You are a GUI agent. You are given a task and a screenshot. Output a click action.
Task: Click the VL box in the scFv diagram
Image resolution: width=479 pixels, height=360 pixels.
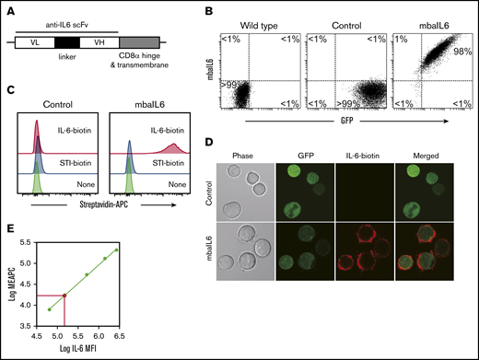pos(34,42)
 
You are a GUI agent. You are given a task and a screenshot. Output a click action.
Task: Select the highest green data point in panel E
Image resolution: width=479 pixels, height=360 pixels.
pos(116,250)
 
